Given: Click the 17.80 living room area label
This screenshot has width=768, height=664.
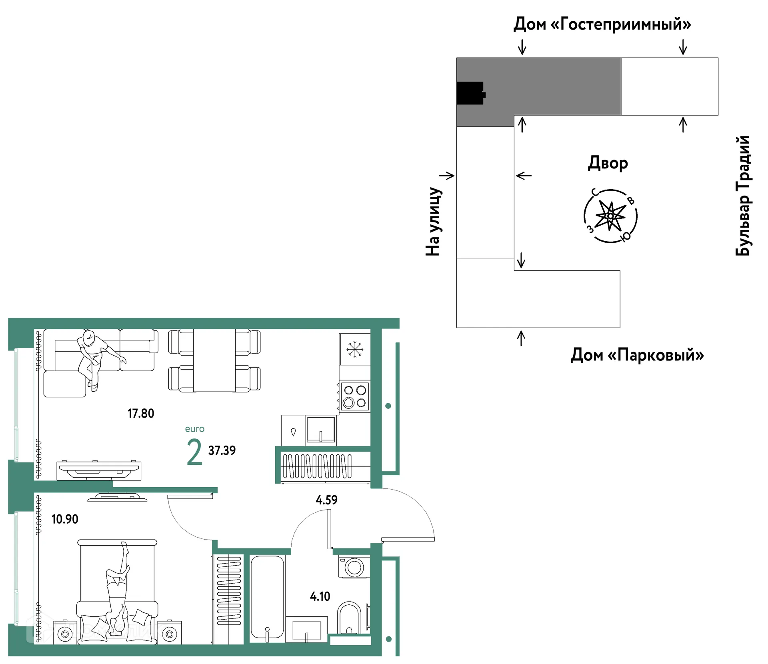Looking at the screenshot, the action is coord(141,413).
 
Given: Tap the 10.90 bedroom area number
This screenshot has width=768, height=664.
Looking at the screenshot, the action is coord(65,519).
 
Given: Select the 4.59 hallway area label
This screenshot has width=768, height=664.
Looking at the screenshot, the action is coord(326,500).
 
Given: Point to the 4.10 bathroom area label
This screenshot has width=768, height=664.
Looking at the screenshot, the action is coord(320,596).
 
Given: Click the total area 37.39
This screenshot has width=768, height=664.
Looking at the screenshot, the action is coord(222,450).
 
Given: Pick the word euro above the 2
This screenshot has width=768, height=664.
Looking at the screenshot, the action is coord(195,429).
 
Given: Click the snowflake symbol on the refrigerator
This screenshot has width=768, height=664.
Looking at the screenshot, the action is coord(355,349).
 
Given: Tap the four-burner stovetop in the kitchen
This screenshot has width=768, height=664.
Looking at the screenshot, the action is coord(355,396).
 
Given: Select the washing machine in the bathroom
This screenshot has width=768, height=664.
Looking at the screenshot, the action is coord(354,566).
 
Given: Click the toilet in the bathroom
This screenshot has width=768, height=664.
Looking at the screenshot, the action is coord(349,618).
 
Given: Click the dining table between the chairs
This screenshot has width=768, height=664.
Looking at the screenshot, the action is coord(214,360).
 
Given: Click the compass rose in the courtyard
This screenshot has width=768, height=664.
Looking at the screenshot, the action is coord(610,216).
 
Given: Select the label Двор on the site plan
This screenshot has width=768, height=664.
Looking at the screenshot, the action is coord(608,163).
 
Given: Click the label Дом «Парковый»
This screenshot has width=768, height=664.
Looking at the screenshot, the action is coord(637,355).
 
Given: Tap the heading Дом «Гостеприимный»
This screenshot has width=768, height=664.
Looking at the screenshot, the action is coord(602,24).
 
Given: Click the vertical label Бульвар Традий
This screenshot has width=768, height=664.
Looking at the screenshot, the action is coord(743,195).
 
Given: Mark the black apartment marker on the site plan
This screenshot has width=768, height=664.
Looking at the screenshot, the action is coord(471,93).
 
